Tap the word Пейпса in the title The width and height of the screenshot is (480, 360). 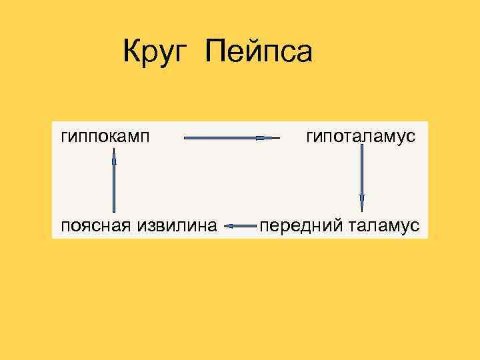(x=259, y=52)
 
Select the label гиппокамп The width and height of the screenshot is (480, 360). (x=105, y=137)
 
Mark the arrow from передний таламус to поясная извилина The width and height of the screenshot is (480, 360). (x=241, y=226)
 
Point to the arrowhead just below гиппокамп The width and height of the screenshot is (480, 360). (x=115, y=157)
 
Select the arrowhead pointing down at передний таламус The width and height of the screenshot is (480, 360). (x=362, y=202)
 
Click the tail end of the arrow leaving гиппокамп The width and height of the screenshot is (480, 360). (x=185, y=138)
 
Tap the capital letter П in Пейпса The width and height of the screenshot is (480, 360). (x=216, y=52)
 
